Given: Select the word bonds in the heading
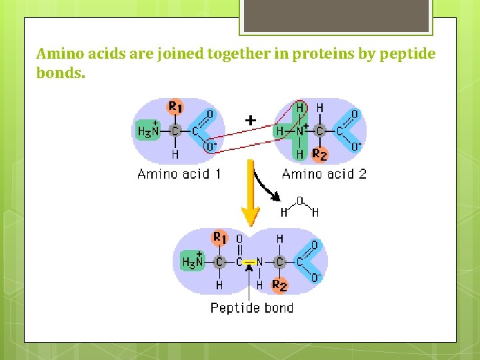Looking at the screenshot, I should click(60, 73).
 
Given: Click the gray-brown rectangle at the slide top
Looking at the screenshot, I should click(335, 15).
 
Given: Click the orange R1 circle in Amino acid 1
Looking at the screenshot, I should click(175, 107).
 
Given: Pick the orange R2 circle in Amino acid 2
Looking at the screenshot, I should click(320, 155).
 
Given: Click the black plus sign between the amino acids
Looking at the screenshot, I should click(250, 121).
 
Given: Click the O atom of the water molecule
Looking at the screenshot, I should click(299, 199).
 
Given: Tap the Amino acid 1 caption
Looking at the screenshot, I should click(179, 175).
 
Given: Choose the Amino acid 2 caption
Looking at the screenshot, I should click(324, 175).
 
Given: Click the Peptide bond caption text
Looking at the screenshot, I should click(251, 307).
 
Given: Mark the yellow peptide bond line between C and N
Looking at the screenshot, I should click(250, 262).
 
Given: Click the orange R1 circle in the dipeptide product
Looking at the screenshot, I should click(219, 238).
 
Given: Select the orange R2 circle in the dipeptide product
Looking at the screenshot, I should click(280, 285).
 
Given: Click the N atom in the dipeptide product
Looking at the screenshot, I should click(260, 262).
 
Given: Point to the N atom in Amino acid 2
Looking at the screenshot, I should click(300, 131).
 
